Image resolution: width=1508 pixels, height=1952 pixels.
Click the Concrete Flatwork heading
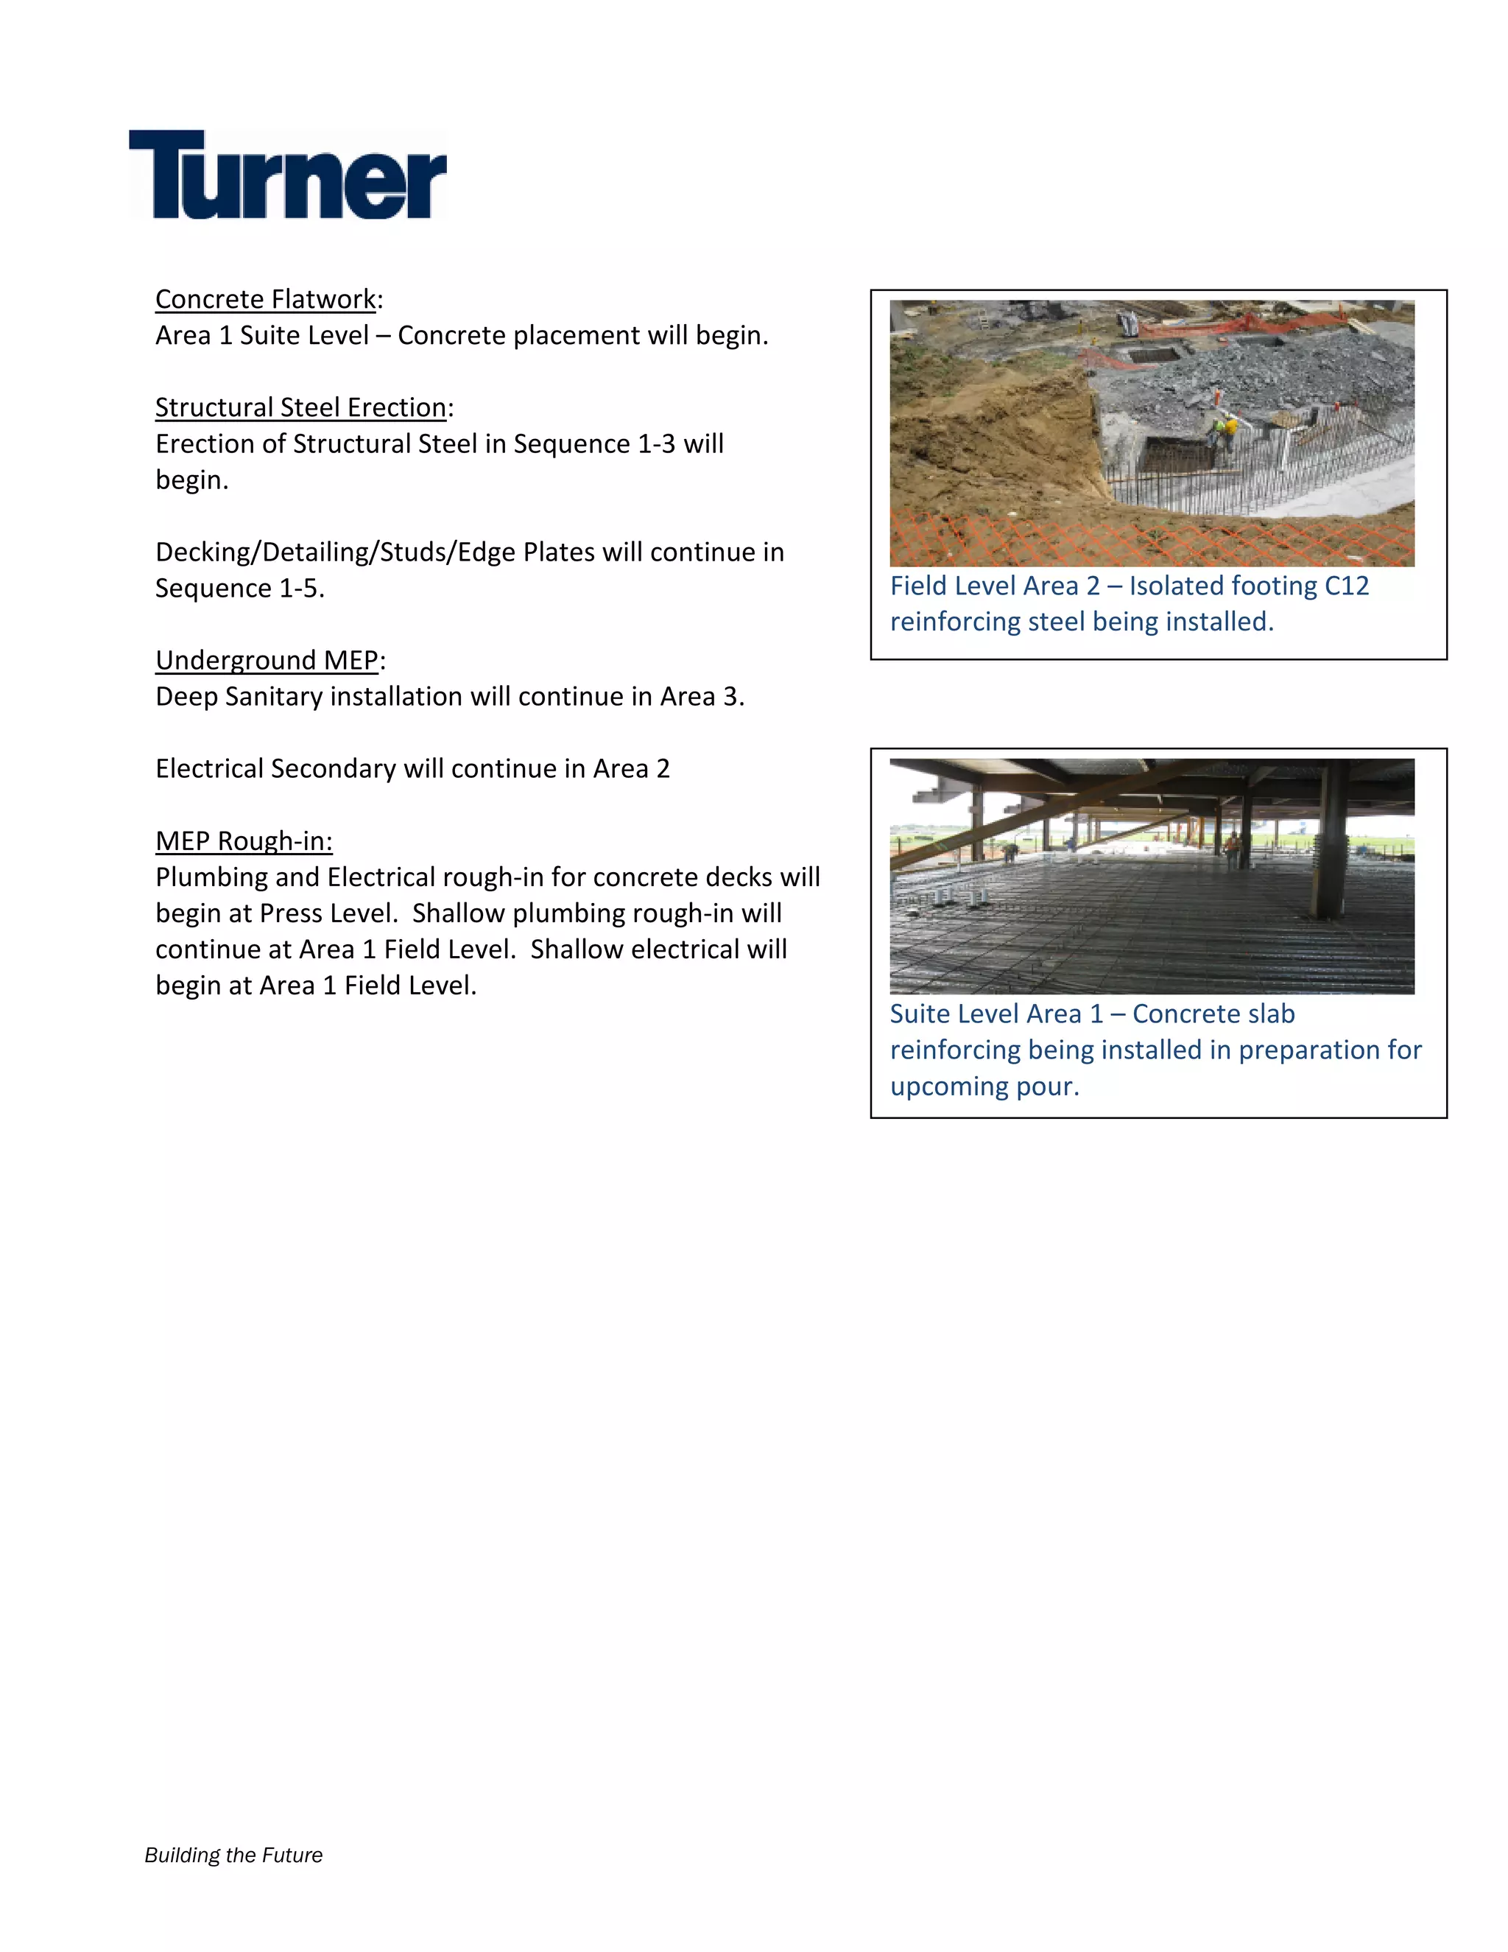click(265, 299)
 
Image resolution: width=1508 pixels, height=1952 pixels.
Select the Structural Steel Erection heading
click(300, 407)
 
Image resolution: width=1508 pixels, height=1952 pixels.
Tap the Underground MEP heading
click(267, 661)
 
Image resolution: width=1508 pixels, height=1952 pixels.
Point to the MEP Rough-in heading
click(243, 841)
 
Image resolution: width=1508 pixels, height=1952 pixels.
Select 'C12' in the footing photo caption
click(1346, 586)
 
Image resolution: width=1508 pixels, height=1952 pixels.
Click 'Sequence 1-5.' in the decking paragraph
click(239, 588)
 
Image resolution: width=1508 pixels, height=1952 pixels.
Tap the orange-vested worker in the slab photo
click(1233, 849)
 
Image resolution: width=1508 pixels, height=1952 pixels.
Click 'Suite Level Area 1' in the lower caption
click(996, 1014)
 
